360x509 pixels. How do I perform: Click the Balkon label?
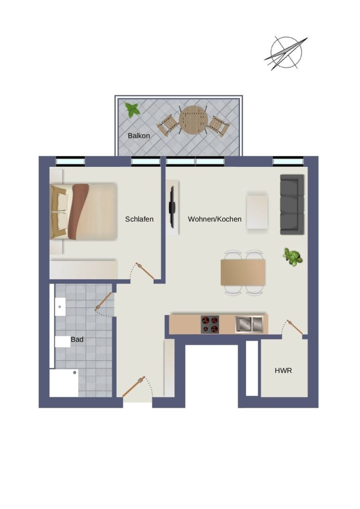tap(139, 136)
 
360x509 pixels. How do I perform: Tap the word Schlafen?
tap(139, 219)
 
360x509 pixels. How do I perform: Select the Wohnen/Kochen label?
tap(215, 219)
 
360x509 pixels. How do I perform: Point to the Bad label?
tap(77, 339)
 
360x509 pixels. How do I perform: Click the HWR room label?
tap(284, 370)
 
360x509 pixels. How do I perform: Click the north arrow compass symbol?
tap(286, 53)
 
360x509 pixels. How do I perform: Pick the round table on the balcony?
tap(194, 120)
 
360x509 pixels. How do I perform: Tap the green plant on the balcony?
tap(133, 110)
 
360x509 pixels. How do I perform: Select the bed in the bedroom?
tap(84, 211)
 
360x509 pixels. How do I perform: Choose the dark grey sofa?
tap(292, 204)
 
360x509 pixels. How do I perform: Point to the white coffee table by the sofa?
tap(257, 212)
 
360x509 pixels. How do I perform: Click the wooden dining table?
tap(243, 272)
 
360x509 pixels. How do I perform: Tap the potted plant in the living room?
tap(293, 257)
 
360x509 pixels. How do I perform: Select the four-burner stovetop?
tap(210, 324)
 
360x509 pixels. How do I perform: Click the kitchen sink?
tap(249, 324)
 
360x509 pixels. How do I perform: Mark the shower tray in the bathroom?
tap(64, 383)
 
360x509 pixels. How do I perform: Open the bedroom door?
tap(145, 271)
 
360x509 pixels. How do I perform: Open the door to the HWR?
tap(295, 327)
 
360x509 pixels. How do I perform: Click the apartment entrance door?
tap(134, 387)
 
